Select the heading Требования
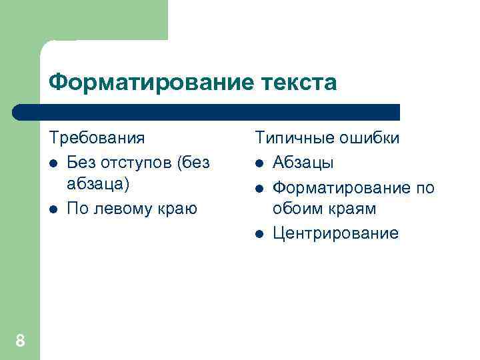point(97,138)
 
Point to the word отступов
point(136,162)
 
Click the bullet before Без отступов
point(53,163)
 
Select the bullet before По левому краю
point(53,209)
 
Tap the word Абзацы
point(303,163)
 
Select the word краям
point(354,209)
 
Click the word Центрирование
point(335,233)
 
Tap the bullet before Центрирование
point(259,233)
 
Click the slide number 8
point(20,341)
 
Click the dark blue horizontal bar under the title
point(207,111)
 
